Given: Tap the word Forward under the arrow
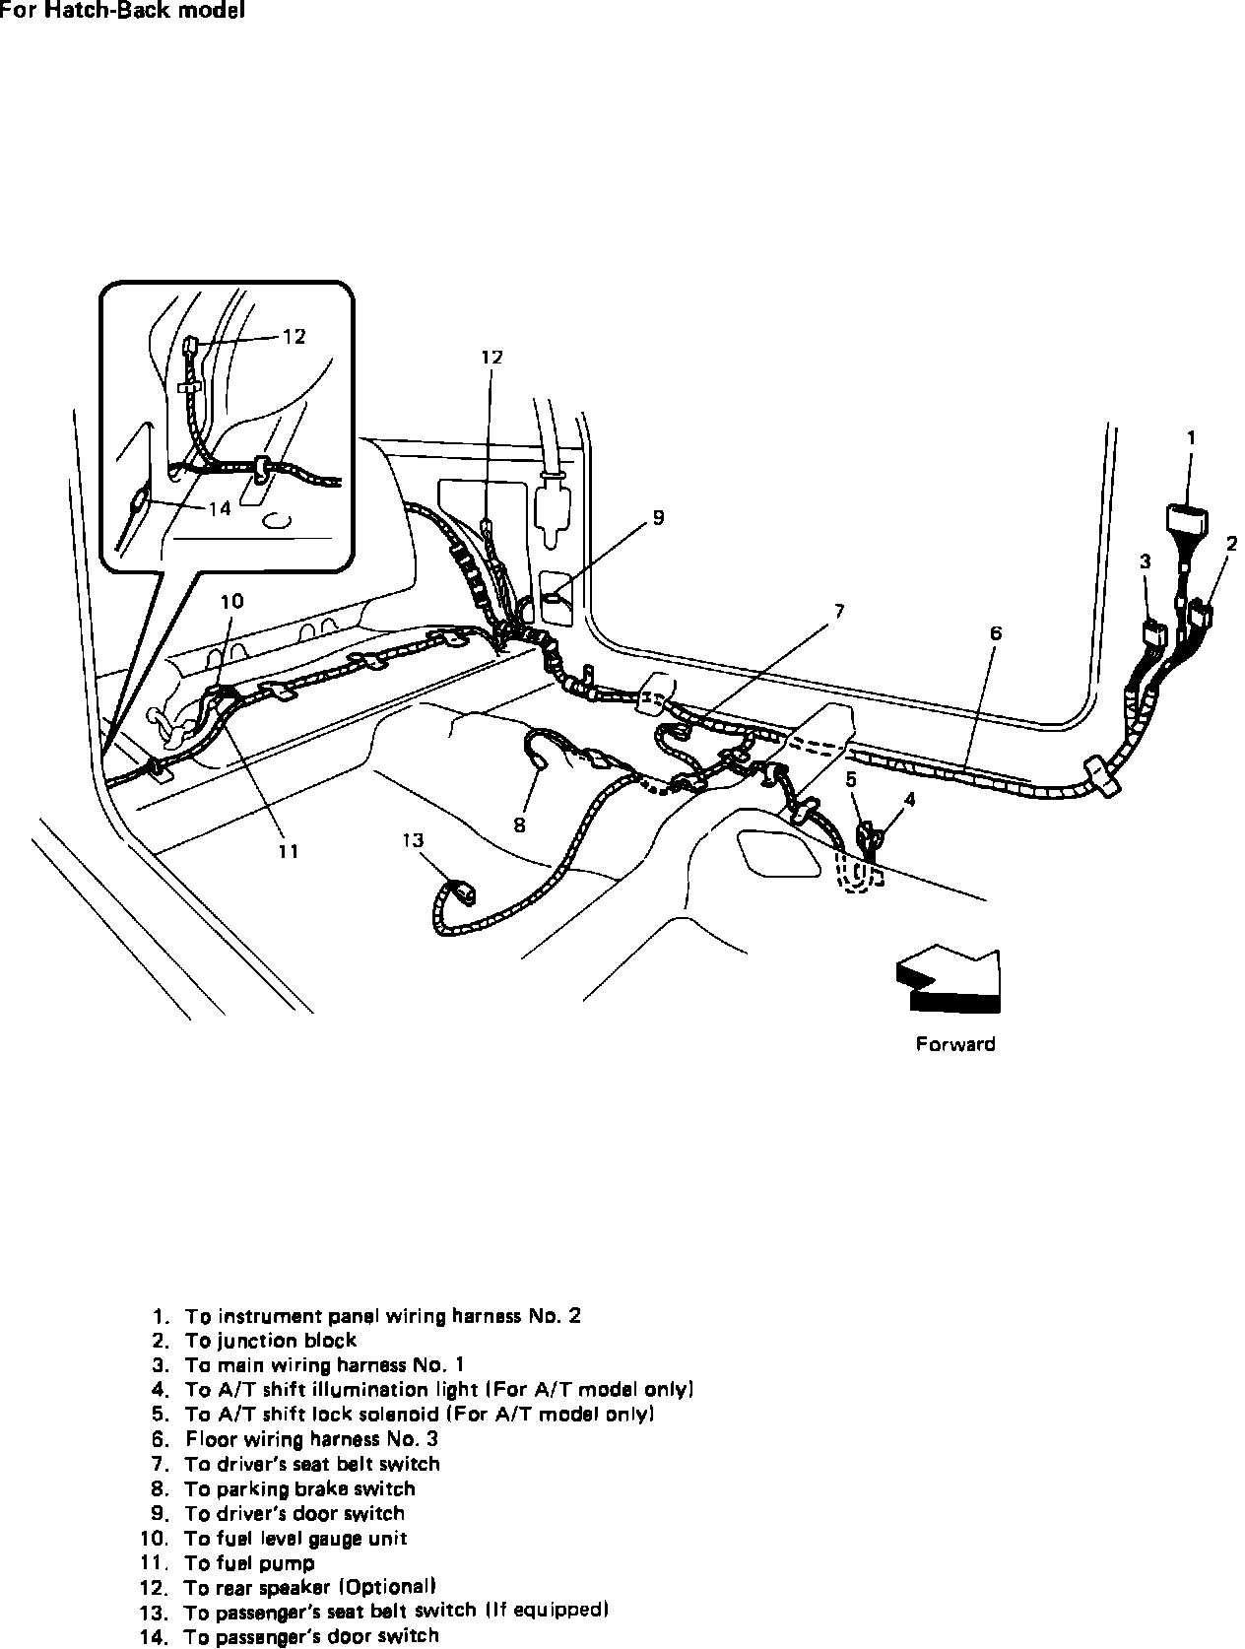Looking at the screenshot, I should [954, 1044].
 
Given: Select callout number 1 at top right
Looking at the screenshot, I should [1190, 437].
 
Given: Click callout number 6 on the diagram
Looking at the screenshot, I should [996, 632].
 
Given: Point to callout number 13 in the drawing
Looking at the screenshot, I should [413, 839].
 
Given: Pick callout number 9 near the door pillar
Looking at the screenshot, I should [658, 517].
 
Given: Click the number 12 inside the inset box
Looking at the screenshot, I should [294, 337].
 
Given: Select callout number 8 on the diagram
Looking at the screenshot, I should [519, 825].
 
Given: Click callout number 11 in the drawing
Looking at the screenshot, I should [287, 851].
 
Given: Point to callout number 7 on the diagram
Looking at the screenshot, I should [838, 612].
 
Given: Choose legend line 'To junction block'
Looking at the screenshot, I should [270, 1341].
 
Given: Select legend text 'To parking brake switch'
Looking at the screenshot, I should [299, 1488].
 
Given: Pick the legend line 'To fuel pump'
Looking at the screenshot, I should [249, 1563].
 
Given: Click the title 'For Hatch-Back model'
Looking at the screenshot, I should [122, 12].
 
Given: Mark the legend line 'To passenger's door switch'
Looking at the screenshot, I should [311, 1636].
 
